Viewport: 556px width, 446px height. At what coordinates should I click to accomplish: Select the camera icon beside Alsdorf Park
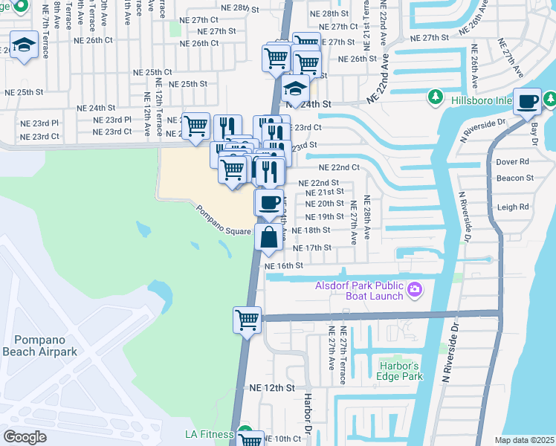click(415, 289)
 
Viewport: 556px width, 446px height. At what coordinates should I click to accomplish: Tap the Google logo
click(25, 437)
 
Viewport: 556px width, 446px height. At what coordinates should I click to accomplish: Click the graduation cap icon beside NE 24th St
click(296, 89)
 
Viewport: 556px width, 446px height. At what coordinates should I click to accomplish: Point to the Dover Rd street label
click(513, 161)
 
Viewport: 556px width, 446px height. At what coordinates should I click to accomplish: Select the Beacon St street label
click(515, 178)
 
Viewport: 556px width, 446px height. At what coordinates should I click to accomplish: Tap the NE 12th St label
click(272, 388)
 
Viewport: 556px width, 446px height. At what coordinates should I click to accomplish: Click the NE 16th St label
click(284, 265)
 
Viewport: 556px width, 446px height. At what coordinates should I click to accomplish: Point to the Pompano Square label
click(224, 221)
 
